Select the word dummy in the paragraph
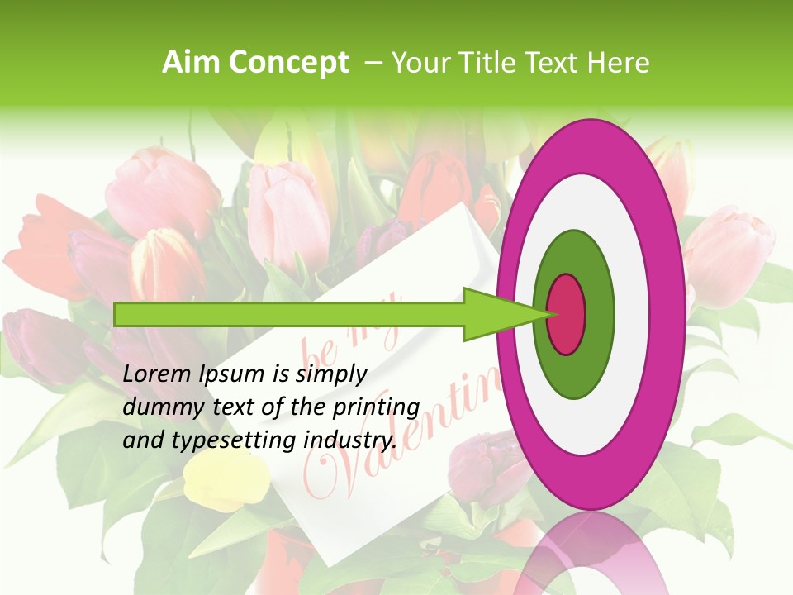158,407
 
